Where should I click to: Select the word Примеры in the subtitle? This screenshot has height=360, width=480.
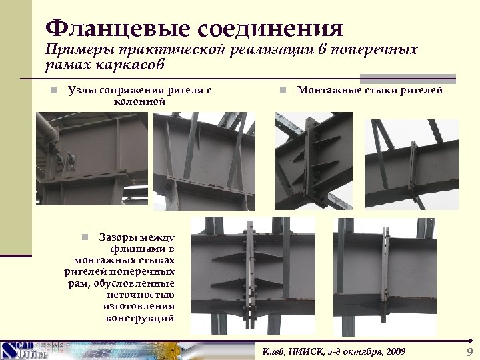(x=79, y=50)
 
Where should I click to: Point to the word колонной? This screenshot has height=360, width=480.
(x=139, y=102)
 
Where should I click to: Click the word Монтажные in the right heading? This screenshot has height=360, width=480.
(x=329, y=90)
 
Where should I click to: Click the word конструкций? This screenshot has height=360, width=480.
(x=140, y=318)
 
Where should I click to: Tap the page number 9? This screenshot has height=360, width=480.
(x=469, y=351)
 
